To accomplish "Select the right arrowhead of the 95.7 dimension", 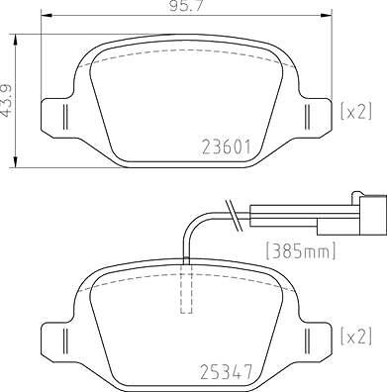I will click(329, 17).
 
